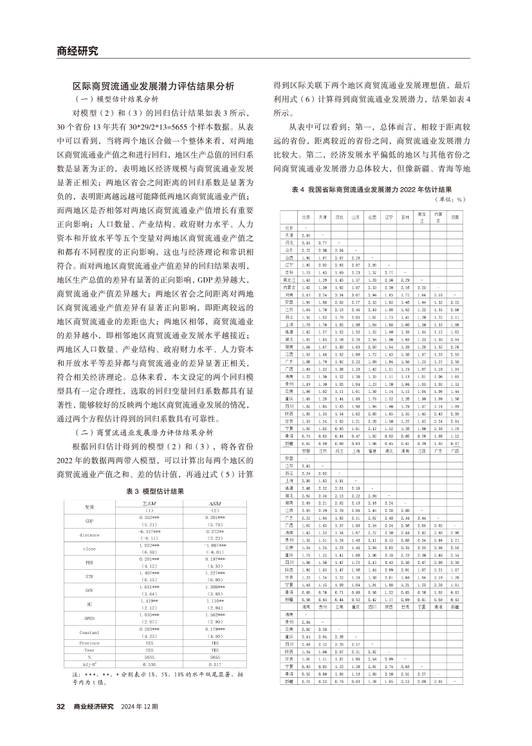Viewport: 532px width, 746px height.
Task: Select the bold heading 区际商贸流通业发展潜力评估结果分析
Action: point(153,86)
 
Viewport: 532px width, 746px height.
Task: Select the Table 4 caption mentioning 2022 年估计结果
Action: point(372,190)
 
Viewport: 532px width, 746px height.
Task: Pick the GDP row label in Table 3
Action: point(89,520)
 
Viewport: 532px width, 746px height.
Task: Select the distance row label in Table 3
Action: point(89,534)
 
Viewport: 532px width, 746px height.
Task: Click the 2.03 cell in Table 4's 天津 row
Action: point(306,235)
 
